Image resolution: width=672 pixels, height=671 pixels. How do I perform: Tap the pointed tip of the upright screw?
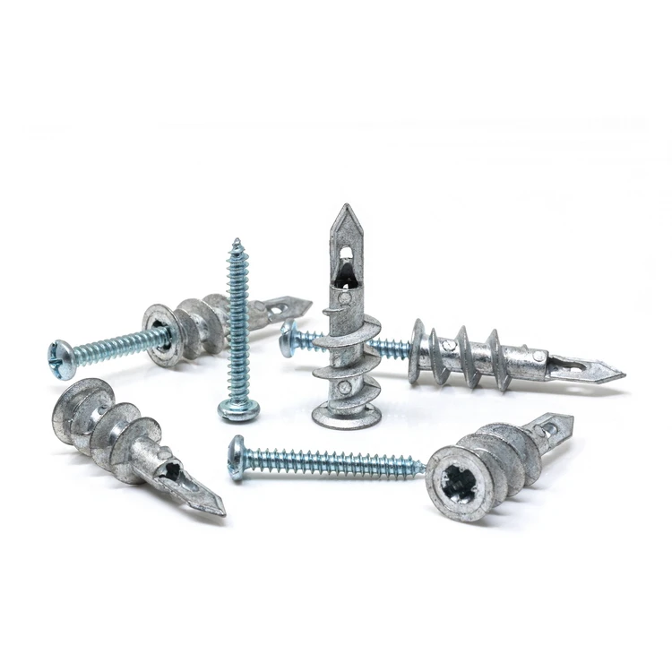(237, 240)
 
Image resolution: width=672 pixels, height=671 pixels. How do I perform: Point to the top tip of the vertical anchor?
(344, 208)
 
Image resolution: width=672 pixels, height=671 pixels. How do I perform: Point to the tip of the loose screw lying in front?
(421, 467)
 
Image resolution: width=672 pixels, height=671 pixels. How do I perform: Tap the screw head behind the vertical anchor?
(289, 339)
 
